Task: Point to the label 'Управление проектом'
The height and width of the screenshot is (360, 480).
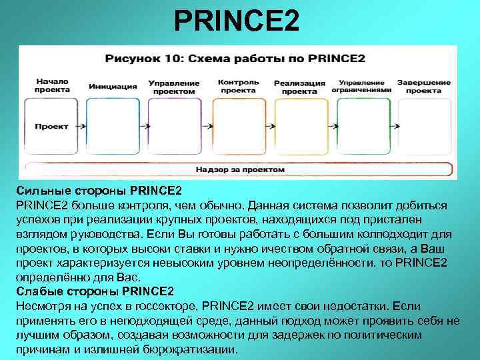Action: pyautogui.click(x=174, y=87)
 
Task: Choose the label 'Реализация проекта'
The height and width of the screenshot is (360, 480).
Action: pyautogui.click(x=299, y=87)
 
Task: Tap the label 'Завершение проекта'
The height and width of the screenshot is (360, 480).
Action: pyautogui.click(x=423, y=86)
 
